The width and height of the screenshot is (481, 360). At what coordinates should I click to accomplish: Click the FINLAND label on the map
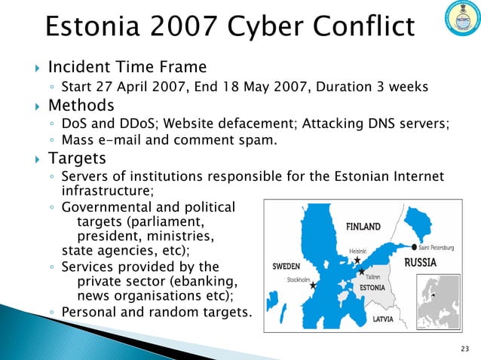(367, 225)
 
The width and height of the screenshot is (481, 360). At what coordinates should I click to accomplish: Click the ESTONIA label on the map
(372, 288)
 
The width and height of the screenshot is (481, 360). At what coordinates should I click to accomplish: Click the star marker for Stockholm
(312, 286)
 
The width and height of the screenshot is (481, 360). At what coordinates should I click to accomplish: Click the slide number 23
(463, 347)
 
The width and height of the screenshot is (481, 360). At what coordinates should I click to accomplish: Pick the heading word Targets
(78, 158)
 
